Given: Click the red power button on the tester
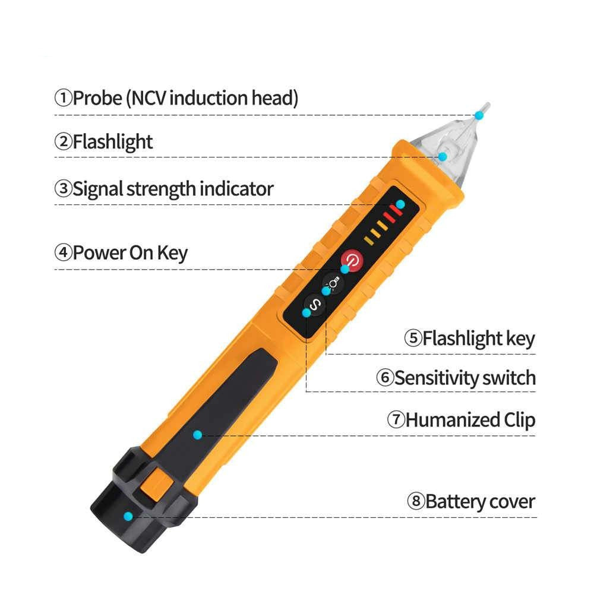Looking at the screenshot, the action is click(353, 260).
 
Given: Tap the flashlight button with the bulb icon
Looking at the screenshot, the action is click(333, 283).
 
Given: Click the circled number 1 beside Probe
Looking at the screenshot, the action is click(64, 98).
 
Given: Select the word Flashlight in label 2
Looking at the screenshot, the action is click(112, 142).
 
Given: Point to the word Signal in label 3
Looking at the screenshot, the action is click(98, 189).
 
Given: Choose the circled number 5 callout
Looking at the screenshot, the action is click(413, 338).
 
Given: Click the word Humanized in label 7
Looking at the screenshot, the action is click(453, 420).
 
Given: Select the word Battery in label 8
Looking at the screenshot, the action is click(450, 501).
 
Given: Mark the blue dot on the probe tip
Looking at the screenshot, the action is click(479, 115).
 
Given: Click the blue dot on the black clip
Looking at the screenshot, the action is click(197, 435).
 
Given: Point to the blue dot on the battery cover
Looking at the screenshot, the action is click(128, 516).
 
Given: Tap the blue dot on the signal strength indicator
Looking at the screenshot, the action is click(400, 204).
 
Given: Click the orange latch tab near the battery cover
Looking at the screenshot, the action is click(156, 482).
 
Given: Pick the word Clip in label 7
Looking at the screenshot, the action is click(519, 421).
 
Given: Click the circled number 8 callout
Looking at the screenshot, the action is click(416, 501).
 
